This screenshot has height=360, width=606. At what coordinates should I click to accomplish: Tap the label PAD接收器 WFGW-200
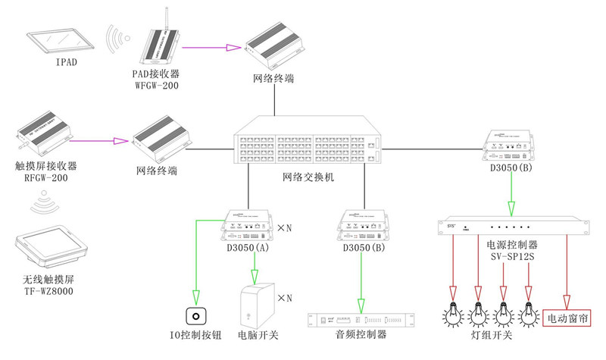[160, 79]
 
